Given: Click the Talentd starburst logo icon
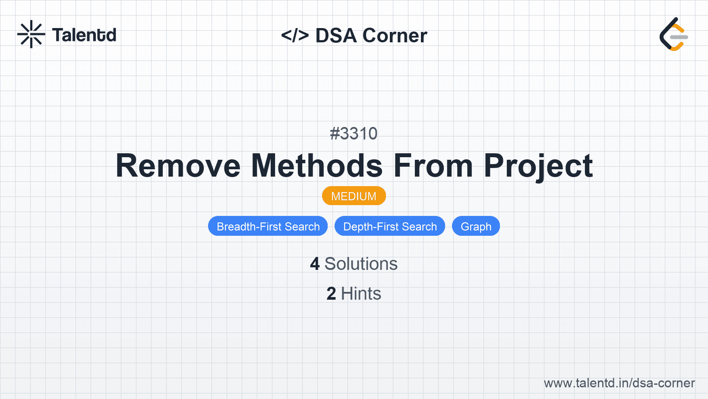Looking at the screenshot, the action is (x=31, y=34).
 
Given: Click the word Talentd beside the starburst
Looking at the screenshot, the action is (x=84, y=35).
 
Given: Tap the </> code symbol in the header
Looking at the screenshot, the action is (x=295, y=35).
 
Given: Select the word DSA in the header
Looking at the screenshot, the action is (x=336, y=35).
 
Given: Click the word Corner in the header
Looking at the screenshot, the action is (x=395, y=35).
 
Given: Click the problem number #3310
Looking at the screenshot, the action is (x=354, y=133).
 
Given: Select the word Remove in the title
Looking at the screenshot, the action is (x=178, y=166).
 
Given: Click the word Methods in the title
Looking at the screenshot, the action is (x=317, y=166).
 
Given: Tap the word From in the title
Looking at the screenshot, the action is (x=433, y=166).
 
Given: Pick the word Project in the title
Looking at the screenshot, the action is (x=538, y=167).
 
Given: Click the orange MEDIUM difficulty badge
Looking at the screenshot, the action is (x=354, y=196).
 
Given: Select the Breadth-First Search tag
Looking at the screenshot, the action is (x=268, y=226).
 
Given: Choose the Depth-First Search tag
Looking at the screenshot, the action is (x=390, y=226).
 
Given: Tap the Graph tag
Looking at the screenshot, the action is (x=476, y=226).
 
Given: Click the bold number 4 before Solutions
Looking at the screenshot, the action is (x=315, y=264).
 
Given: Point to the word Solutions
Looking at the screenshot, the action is (x=361, y=264).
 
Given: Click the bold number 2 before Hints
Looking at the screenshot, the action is (x=331, y=294).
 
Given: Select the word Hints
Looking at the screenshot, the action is (x=361, y=294).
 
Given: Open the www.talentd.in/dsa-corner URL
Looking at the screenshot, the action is (x=619, y=383).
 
